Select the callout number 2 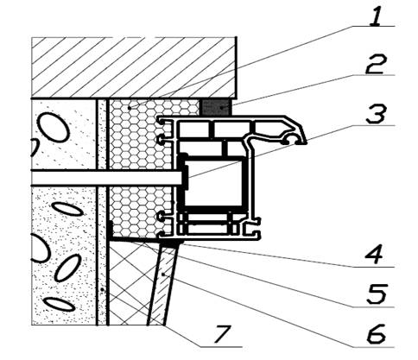point(376,64)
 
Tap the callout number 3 point(376,114)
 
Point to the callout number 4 point(374,255)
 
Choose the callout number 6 point(376,334)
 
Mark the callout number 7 point(222,334)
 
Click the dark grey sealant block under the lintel point(215,107)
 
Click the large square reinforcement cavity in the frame point(213,182)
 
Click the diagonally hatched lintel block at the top point(134,68)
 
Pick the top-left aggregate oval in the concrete point(54,127)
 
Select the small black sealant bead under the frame point(171,244)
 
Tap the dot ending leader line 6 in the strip point(163,275)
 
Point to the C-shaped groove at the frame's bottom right point(252,231)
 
